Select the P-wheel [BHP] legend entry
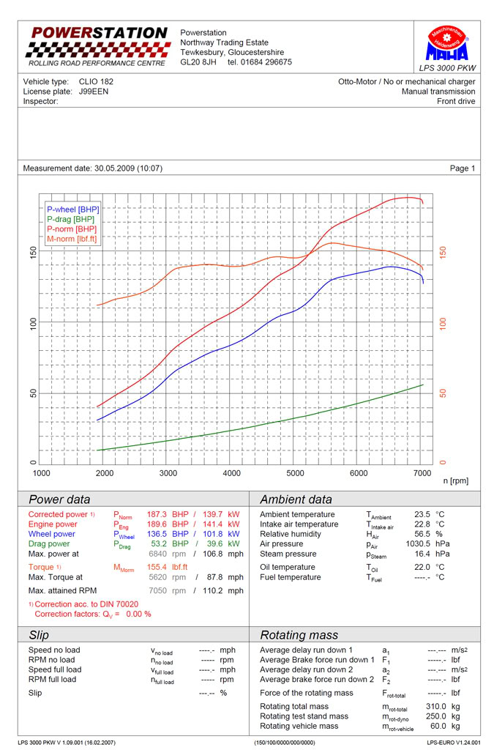tap(72, 209)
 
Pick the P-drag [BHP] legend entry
tap(71, 219)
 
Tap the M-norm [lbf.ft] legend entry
tap(72, 239)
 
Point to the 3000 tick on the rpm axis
tap(168, 474)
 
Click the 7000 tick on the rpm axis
tap(422, 474)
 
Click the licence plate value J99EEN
tap(94, 92)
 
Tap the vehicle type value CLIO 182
tap(96, 81)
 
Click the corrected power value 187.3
tap(157, 514)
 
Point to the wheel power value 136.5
tap(157, 534)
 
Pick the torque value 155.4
tap(157, 567)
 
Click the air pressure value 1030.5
tap(416, 544)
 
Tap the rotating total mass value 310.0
tap(419, 706)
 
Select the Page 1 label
tap(462, 168)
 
